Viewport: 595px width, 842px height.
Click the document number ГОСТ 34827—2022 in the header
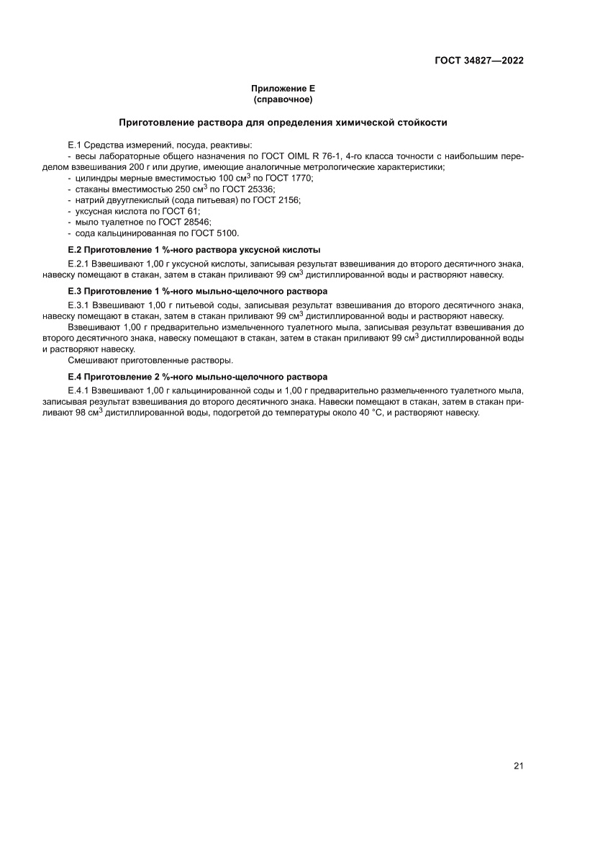pyautogui.click(x=478, y=61)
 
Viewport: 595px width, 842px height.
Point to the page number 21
pyautogui.click(x=518, y=766)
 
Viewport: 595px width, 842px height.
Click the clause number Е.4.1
pyautogui.click(x=78, y=390)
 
